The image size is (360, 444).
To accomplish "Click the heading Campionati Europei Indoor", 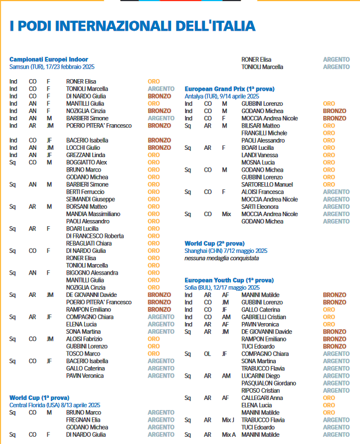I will coord(48,60).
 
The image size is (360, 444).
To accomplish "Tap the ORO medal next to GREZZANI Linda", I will coord(153,155).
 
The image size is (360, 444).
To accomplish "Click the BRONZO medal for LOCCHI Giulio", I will coord(159,148).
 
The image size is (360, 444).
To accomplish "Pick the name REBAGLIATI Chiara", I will coord(90,243).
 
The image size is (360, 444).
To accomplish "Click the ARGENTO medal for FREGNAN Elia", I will coord(161,420).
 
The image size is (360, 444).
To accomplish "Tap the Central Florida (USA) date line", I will coord(55,404).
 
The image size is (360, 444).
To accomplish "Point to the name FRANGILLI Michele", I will coord(264,133).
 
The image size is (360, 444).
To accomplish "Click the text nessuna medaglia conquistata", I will coord(222,258).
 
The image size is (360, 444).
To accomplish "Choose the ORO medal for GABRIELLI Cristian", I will coord(329,317).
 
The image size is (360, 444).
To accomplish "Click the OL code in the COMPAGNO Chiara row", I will coord(207,354).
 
